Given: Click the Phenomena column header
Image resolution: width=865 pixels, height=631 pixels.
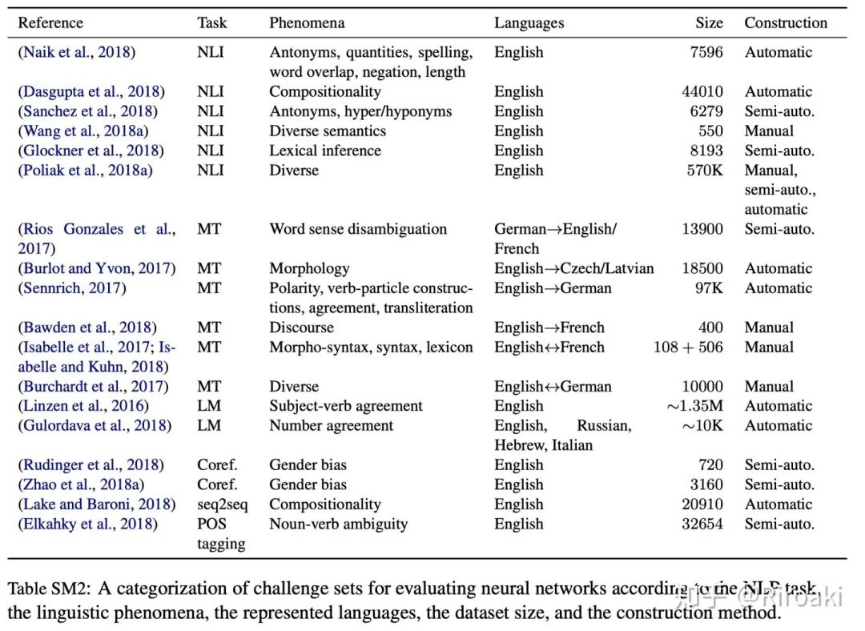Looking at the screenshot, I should click(x=304, y=23).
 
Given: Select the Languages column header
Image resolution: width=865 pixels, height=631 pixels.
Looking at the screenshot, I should click(x=529, y=23).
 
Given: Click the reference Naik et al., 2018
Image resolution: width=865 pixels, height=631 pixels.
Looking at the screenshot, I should click(x=77, y=53).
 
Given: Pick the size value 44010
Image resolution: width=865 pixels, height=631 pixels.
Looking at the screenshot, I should click(x=702, y=92).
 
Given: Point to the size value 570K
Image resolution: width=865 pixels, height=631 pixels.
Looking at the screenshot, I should click(x=704, y=171).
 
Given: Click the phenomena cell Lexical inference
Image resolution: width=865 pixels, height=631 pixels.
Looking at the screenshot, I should click(x=325, y=151).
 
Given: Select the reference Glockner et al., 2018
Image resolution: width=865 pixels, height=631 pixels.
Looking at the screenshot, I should click(x=91, y=151).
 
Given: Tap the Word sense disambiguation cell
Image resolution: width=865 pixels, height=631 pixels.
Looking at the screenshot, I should click(x=358, y=229).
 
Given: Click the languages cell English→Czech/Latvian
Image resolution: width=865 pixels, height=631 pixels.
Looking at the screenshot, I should click(x=573, y=268).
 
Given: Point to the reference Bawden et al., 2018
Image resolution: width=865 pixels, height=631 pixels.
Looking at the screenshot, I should click(x=87, y=328).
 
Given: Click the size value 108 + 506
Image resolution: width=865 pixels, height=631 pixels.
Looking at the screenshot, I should click(x=688, y=348).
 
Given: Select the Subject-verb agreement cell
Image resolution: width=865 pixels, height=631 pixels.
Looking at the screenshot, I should click(x=345, y=406).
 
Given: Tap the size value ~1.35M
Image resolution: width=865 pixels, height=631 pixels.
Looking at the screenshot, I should click(x=694, y=406).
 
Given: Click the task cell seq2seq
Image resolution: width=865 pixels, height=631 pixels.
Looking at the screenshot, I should click(x=223, y=504).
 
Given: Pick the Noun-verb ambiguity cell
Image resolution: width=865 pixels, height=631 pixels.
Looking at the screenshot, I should click(x=338, y=524).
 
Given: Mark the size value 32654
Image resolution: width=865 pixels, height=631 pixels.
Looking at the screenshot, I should click(x=702, y=524).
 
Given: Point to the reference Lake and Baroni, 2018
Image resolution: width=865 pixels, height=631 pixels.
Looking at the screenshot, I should click(x=96, y=504).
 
